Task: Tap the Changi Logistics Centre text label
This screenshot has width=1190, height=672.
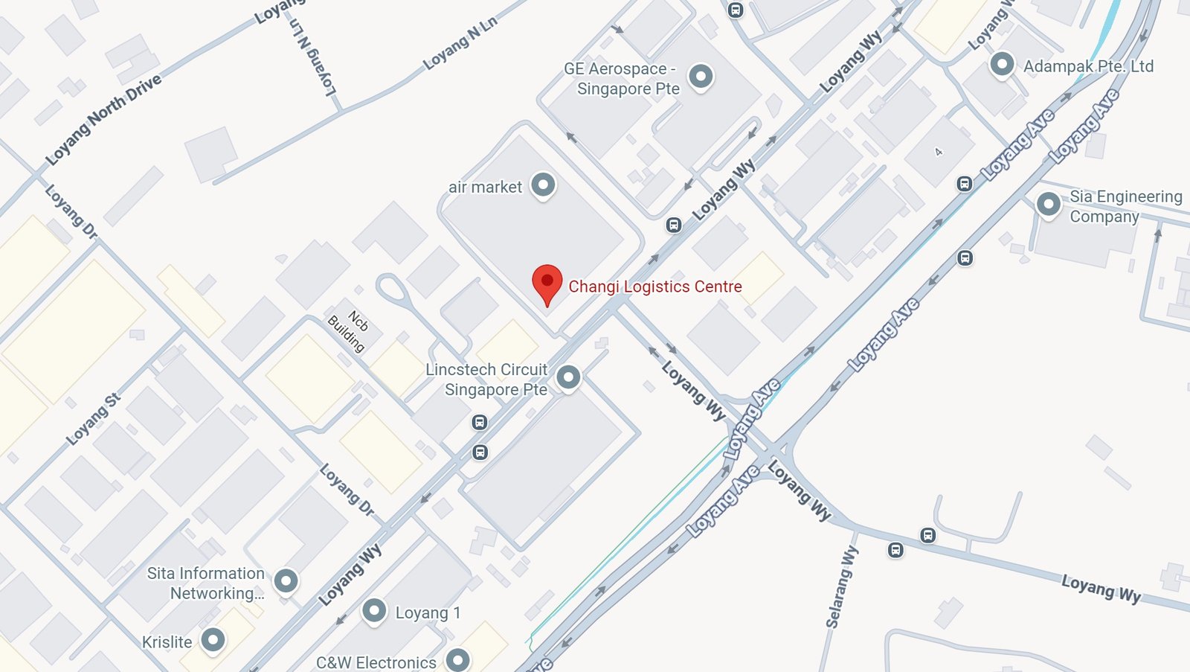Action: (x=654, y=287)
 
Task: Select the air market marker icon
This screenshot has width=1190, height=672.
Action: (x=543, y=185)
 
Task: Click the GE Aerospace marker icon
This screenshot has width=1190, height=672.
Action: (x=701, y=76)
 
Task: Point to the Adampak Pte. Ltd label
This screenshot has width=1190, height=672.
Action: (x=1088, y=66)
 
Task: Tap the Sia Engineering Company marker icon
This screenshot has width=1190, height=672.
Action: (x=1048, y=204)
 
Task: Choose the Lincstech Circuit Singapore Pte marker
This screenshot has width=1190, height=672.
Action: (x=568, y=377)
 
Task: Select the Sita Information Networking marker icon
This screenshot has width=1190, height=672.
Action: (x=286, y=580)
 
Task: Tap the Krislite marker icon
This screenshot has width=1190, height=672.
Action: (x=213, y=640)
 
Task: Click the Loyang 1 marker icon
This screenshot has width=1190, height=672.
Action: (x=374, y=611)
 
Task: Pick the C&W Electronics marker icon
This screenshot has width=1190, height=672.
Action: (x=457, y=659)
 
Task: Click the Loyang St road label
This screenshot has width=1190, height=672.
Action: (x=93, y=419)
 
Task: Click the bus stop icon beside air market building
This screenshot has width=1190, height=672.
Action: (x=674, y=225)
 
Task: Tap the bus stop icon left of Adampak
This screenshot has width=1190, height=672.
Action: (x=965, y=184)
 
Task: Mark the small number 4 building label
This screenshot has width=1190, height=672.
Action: (x=939, y=152)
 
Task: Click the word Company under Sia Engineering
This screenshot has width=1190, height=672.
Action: (x=1104, y=217)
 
